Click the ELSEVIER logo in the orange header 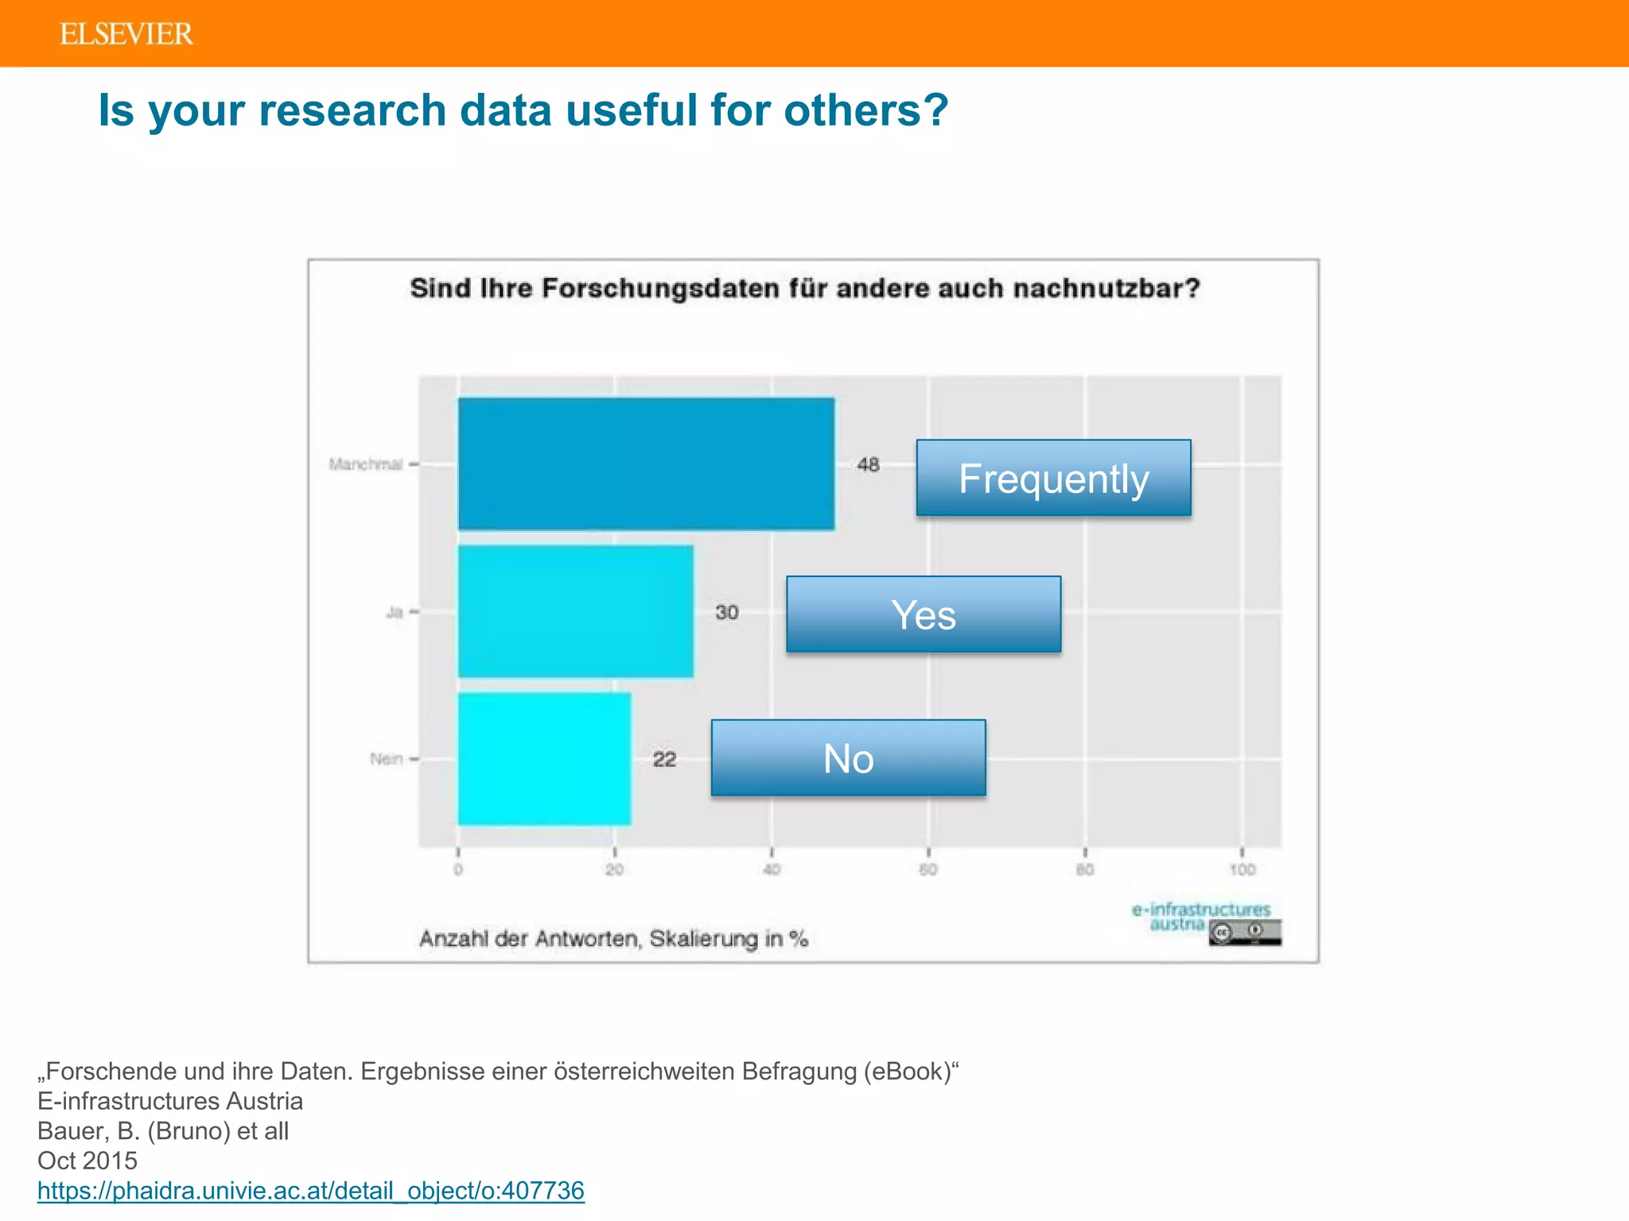[126, 34]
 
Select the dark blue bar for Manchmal [646, 463]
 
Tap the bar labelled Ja [575, 611]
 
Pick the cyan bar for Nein [544, 758]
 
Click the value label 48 [868, 464]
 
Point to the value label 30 [727, 612]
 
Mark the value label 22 [664, 759]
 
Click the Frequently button [1053, 478]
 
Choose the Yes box [923, 614]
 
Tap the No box [848, 758]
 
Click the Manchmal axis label [366, 464]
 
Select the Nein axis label [386, 759]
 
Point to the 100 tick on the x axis [1242, 870]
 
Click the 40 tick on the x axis [772, 870]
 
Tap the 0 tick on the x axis [458, 870]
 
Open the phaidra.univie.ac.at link [311, 1190]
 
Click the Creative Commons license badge [1245, 932]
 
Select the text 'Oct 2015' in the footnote [87, 1161]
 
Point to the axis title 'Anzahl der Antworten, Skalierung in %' [613, 939]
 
